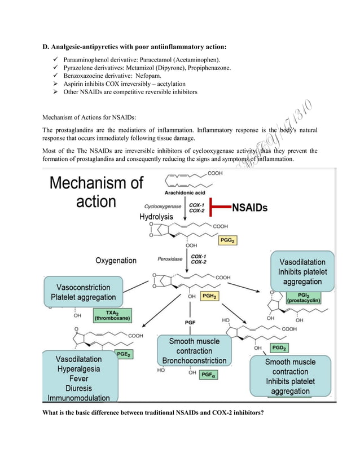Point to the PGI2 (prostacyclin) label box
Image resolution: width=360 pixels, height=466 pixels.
tap(304, 297)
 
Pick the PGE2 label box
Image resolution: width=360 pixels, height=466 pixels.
tap(124, 354)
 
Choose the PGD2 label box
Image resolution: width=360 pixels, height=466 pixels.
tap(279, 348)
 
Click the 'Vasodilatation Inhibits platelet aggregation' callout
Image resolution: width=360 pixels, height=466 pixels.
tap(302, 272)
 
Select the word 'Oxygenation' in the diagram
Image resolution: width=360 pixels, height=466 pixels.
tap(116, 261)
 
